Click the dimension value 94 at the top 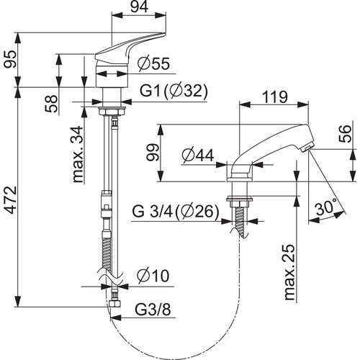coord(140,7)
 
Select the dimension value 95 coord(11,59)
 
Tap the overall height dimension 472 coord(11,199)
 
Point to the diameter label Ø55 coord(153,64)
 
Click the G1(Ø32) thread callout coord(174,91)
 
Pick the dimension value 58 coord(51,104)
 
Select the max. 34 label coord(78,154)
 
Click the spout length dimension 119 coord(274,97)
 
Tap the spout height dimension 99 coord(153,153)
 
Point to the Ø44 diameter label coord(198,156)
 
